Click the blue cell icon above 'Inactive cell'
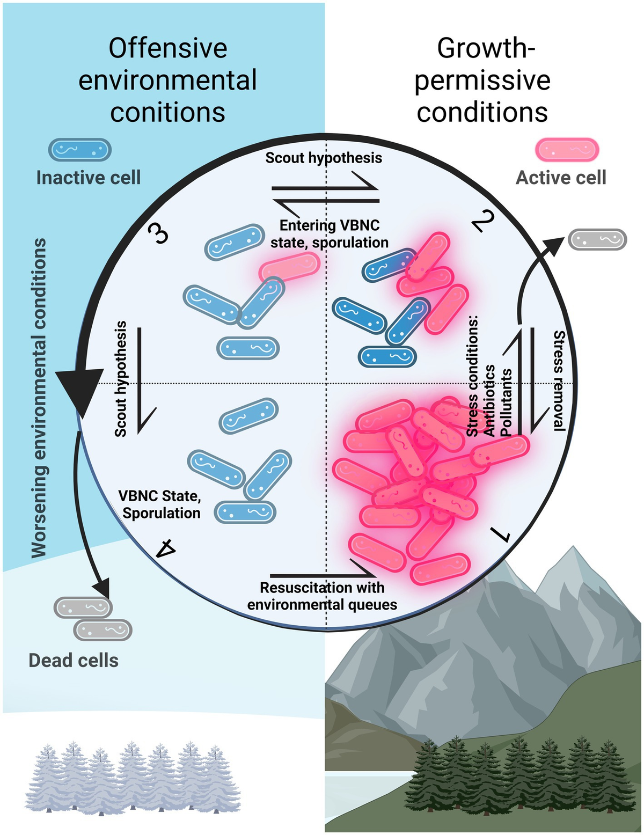(x=80, y=150)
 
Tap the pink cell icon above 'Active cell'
(x=567, y=150)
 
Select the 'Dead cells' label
(x=74, y=660)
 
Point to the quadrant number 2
(x=482, y=221)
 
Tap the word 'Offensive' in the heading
(x=168, y=48)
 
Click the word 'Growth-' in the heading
(x=486, y=48)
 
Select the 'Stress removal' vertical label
(x=559, y=380)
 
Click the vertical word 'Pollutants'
(x=506, y=402)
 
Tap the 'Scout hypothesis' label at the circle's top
(x=324, y=158)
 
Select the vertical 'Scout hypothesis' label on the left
(x=121, y=378)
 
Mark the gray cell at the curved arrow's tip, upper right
(x=597, y=239)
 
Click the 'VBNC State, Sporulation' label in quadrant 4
(x=160, y=504)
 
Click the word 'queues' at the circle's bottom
(x=376, y=605)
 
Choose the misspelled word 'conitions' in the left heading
(x=168, y=113)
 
